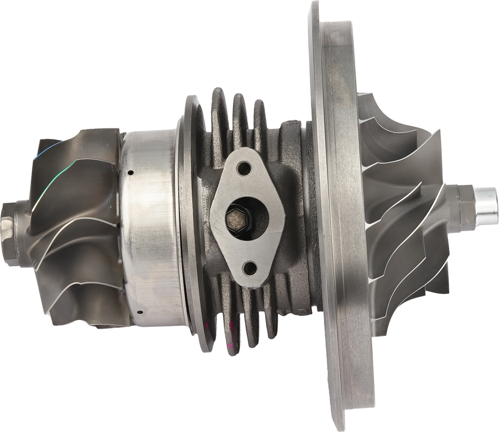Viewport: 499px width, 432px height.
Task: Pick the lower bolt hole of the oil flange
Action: tap(251, 267)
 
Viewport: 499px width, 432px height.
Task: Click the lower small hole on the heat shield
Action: tap(139, 312)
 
